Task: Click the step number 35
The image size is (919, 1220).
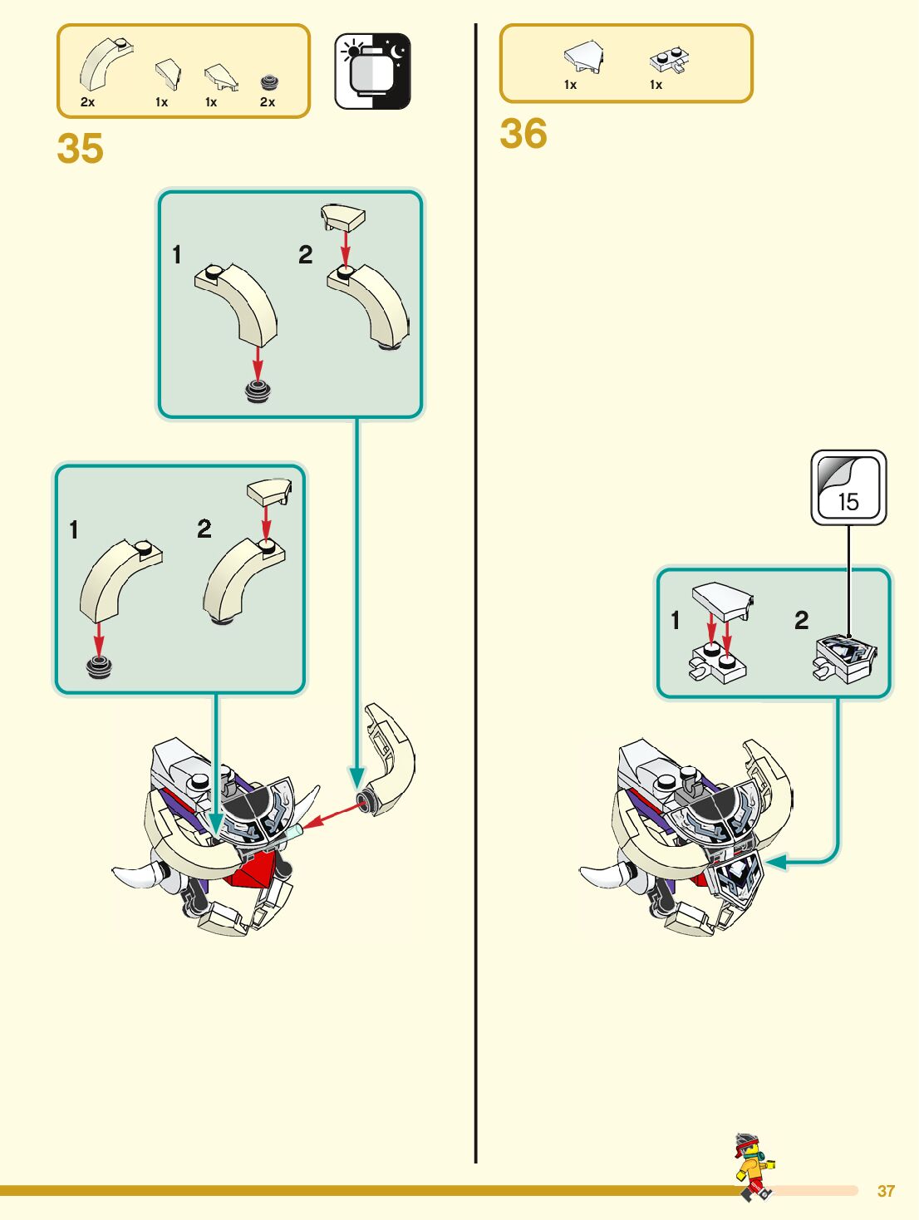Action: click(80, 150)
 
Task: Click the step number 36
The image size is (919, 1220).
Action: click(523, 134)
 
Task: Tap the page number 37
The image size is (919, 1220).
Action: click(886, 1191)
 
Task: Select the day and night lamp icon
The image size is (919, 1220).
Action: click(372, 71)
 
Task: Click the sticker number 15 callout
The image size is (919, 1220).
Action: click(848, 488)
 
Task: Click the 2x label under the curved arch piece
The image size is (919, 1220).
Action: click(87, 102)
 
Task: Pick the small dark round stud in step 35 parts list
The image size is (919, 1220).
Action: click(268, 82)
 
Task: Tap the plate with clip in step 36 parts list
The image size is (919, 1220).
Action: click(669, 60)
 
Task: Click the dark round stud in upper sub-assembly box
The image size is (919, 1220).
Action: click(258, 391)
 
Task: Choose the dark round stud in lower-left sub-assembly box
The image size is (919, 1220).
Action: click(99, 667)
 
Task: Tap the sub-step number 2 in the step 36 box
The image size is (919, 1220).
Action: click(801, 620)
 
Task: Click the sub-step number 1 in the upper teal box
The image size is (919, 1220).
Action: click(176, 254)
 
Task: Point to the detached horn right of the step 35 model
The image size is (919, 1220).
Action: click(390, 759)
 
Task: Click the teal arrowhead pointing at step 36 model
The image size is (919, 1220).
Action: click(774, 862)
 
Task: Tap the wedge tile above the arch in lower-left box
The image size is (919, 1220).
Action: click(268, 492)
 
